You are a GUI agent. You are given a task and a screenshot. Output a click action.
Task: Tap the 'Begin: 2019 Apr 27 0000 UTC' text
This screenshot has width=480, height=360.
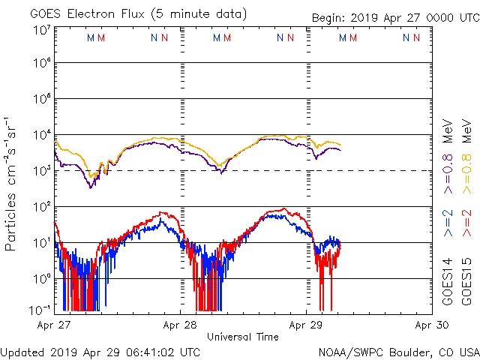[394, 19]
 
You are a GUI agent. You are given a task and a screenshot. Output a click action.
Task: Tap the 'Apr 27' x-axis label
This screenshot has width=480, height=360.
[54, 325]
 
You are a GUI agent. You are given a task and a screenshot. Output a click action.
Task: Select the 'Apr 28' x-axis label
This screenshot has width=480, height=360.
[180, 325]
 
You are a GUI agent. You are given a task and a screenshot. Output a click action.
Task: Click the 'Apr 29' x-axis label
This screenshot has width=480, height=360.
[306, 325]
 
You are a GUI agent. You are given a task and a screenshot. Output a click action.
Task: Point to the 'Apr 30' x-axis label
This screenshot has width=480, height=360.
[432, 325]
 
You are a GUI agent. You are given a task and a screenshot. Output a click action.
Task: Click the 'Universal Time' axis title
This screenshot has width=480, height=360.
[243, 337]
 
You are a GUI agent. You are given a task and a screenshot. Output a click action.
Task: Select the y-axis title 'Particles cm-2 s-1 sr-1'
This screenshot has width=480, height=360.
[12, 183]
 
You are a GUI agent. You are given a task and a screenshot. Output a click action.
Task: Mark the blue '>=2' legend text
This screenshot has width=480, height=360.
[448, 223]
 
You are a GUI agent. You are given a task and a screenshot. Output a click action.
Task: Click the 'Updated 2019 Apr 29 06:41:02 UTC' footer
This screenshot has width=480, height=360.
[100, 352]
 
